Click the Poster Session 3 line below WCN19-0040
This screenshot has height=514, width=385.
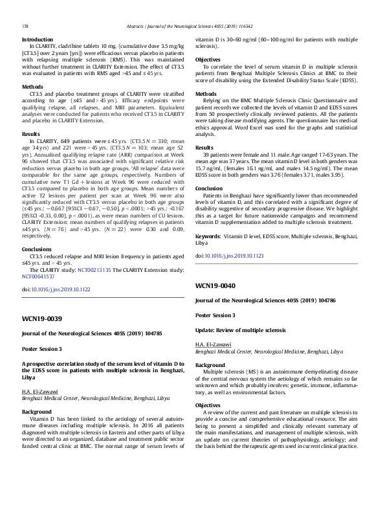coord(215,315)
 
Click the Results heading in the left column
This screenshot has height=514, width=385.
coord(31,133)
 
